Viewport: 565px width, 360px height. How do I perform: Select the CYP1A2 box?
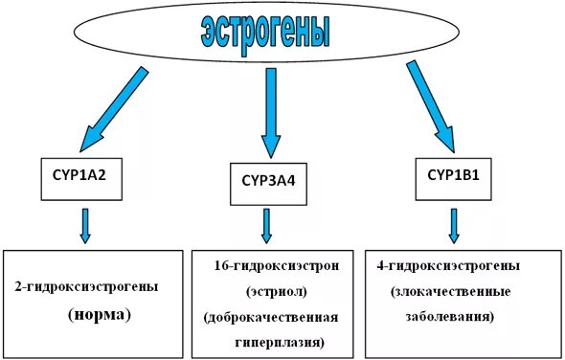83,179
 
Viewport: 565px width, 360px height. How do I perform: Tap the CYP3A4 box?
269,182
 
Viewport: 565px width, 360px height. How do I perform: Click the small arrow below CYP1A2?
84,224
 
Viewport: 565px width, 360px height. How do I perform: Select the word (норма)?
99,313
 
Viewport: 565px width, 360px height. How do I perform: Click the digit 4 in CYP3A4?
298,182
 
